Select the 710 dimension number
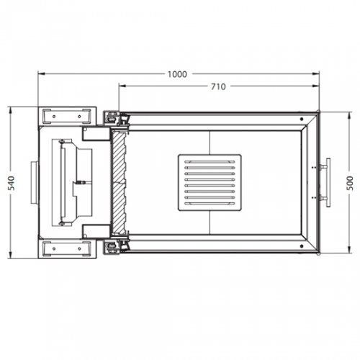click(x=218, y=86)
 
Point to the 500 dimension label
click(x=351, y=182)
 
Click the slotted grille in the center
click(x=210, y=182)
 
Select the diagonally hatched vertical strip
click(x=118, y=182)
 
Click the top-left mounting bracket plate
click(x=68, y=115)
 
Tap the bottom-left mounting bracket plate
click(x=68, y=249)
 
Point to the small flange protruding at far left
click(x=33, y=182)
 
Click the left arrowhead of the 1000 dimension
click(x=41, y=73)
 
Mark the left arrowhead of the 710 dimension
click(x=122, y=86)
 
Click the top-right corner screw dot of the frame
click(x=317, y=113)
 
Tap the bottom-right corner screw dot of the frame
click(x=317, y=251)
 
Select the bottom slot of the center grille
click(x=210, y=202)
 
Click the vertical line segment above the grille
click(x=210, y=142)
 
